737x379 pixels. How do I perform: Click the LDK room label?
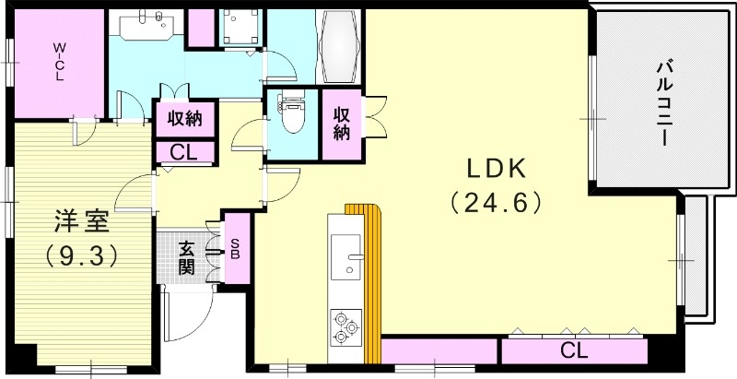[x=494, y=170]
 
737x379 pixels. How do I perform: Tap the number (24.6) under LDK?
[x=494, y=201]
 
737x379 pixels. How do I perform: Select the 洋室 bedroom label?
[x=81, y=221]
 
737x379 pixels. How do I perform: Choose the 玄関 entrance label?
[x=185, y=257]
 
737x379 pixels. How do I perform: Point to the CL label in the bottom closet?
[x=574, y=349]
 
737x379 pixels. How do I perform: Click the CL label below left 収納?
[x=185, y=152]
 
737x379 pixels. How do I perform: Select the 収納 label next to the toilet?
[x=343, y=123]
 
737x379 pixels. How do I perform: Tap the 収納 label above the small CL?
[x=185, y=118]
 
